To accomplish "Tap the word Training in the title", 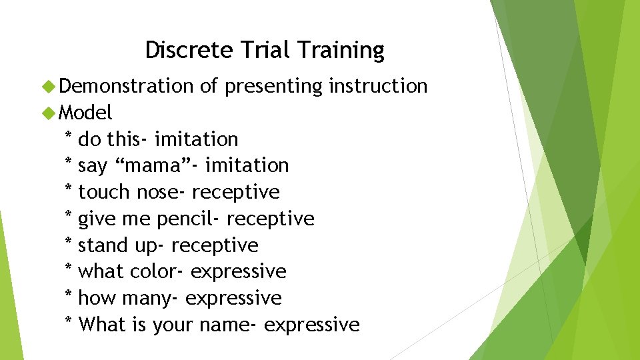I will click(341, 50).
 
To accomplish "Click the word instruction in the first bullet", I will click(377, 86).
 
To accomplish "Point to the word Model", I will click(85, 112).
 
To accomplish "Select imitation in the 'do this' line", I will click(196, 139).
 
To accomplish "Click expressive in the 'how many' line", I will click(233, 299).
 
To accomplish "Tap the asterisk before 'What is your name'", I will click(68, 323).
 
